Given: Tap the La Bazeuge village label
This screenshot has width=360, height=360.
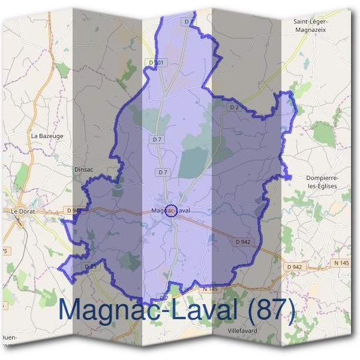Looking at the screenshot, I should pyautogui.click(x=47, y=136).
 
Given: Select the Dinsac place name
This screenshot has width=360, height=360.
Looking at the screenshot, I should pyautogui.click(x=83, y=170).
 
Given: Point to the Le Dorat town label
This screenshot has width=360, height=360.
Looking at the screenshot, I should pyautogui.click(x=23, y=211).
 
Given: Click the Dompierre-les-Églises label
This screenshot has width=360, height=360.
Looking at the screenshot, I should pyautogui.click(x=322, y=182).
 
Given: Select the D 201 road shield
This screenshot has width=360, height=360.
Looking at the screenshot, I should pyautogui.click(x=155, y=62).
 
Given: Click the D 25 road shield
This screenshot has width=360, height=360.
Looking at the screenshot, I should pyautogui.click(x=91, y=266).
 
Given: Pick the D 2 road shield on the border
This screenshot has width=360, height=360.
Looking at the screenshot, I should pyautogui.click(x=235, y=107).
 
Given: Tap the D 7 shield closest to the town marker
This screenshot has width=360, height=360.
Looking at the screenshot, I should pyautogui.click(x=162, y=172).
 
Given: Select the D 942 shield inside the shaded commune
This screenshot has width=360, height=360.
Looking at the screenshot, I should pyautogui.click(x=243, y=242).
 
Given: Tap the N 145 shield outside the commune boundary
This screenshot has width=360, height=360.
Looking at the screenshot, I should pyautogui.click(x=341, y=263).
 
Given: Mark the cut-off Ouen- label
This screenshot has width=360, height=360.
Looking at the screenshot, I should pyautogui.click(x=10, y=337).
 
